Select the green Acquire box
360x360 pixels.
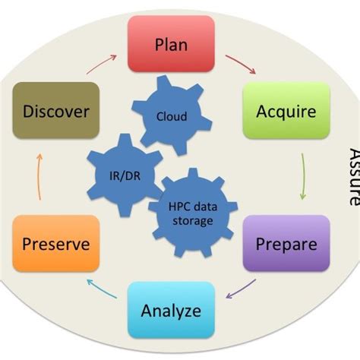pyautogui.click(x=286, y=111)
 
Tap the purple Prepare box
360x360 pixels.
pyautogui.click(x=286, y=244)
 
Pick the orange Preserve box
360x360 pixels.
pyautogui.click(x=56, y=244)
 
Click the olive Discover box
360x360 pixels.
pyautogui.click(x=56, y=111)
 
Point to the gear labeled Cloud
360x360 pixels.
pyautogui.click(x=172, y=116)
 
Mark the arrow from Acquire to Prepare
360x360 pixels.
pyautogui.click(x=304, y=177)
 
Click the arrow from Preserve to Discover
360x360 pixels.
pyautogui.click(x=39, y=177)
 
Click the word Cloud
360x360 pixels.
pyautogui.click(x=172, y=117)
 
